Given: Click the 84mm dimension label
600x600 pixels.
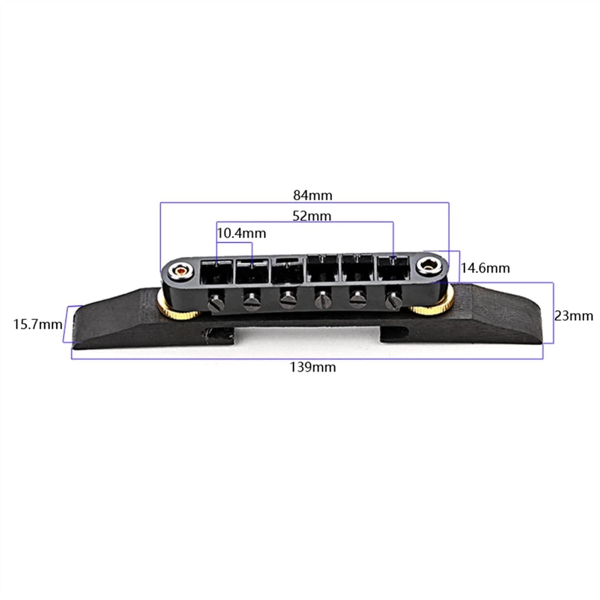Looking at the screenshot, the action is click(x=313, y=195).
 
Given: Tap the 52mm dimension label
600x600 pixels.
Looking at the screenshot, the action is click(x=312, y=216).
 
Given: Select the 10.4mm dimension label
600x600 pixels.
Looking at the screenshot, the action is click(x=241, y=234).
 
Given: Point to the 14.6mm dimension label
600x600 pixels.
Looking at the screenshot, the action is click(x=485, y=268).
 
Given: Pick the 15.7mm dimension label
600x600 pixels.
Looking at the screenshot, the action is click(x=38, y=324).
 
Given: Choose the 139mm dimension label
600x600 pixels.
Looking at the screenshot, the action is click(x=313, y=367).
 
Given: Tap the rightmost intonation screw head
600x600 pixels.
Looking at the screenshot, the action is click(x=392, y=299).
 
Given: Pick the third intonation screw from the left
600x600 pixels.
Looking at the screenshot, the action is click(x=288, y=299).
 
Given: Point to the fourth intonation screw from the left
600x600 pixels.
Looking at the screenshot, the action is click(x=322, y=300).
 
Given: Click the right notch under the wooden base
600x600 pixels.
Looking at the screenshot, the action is click(x=394, y=333).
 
